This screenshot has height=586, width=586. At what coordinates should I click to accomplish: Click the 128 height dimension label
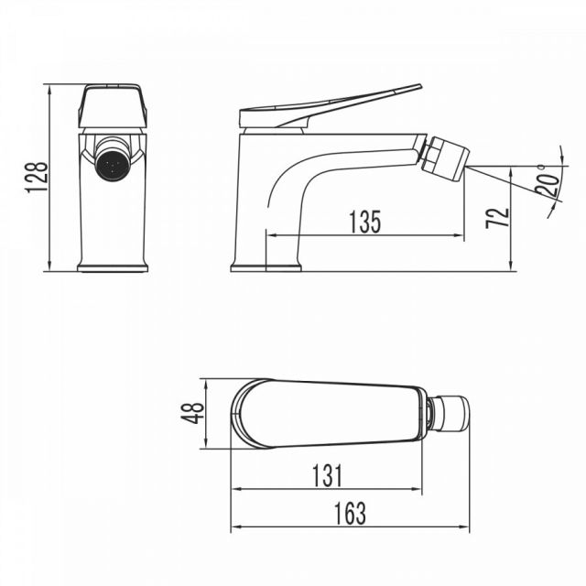pos(37,177)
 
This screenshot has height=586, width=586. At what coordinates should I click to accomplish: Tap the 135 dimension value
pos(364,222)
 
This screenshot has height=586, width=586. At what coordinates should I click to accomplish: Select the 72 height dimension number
pos(497,218)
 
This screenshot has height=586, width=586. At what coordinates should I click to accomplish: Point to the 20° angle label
pos(548,180)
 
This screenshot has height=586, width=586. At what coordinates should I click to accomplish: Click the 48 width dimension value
pos(193,413)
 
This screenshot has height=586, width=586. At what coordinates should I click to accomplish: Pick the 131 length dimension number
pos(327,476)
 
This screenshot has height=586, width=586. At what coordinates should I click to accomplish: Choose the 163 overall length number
pos(350,514)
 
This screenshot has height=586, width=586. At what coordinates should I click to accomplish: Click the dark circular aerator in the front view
pos(112,165)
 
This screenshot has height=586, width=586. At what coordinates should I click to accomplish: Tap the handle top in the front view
pos(113,106)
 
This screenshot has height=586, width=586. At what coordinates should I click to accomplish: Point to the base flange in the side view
pos(266,267)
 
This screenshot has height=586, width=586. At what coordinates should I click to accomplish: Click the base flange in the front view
pos(113,267)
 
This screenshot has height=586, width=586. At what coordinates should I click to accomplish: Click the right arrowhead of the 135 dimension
pos(459,235)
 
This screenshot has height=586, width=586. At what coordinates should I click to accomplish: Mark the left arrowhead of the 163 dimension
pos(236,527)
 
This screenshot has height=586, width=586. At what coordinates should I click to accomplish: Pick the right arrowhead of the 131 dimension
pos(417,489)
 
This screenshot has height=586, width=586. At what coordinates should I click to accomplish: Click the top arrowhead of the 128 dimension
pos(49,90)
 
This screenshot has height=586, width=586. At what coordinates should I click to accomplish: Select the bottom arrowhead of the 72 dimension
pos(511,266)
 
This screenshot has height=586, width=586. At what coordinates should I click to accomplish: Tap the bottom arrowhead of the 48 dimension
pos(206,443)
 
